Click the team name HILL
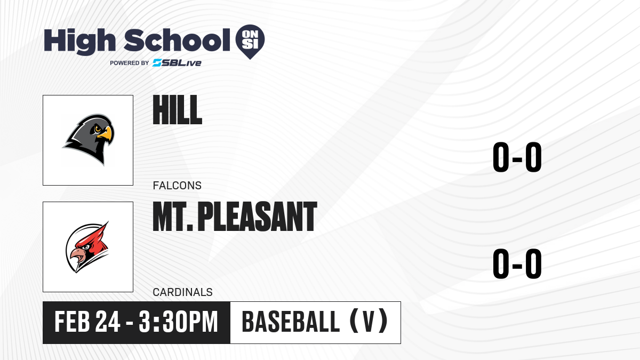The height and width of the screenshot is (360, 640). [178, 110]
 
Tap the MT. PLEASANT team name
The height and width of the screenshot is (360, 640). [235, 217]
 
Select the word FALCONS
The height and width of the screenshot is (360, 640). [177, 186]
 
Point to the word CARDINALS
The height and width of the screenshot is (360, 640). [183, 292]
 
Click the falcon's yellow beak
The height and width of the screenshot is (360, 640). [105, 134]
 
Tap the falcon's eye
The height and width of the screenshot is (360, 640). [98, 129]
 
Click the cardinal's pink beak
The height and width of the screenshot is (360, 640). [77, 255]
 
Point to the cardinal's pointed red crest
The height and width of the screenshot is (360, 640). [102, 231]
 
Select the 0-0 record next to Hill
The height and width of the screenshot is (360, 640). [517, 157]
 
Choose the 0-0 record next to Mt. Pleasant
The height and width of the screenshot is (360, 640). [517, 263]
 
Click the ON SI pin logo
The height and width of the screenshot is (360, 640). [250, 42]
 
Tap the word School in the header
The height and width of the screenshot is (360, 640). [177, 40]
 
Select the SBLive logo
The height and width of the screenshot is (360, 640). [177, 63]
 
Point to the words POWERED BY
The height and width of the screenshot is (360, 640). [130, 63]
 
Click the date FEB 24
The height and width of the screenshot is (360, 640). [87, 322]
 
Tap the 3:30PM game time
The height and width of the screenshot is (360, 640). [179, 322]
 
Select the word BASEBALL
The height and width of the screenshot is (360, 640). [291, 322]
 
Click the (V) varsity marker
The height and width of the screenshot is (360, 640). [369, 321]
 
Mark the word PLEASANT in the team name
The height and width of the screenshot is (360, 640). [257, 217]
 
